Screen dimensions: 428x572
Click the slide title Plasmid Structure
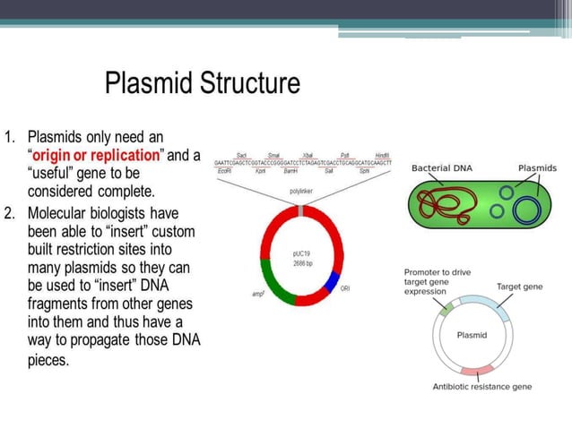pyautogui.click(x=202, y=85)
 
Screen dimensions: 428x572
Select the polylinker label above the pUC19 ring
pyautogui.click(x=301, y=192)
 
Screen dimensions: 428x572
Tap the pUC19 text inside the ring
pyautogui.click(x=302, y=254)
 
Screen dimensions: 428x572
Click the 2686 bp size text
pyautogui.click(x=302, y=265)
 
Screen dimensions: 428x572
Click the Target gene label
pyautogui.click(x=519, y=287)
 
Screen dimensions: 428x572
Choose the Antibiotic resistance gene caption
pyautogui.click(x=482, y=387)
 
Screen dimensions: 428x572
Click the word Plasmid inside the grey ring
pyautogui.click(x=472, y=335)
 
